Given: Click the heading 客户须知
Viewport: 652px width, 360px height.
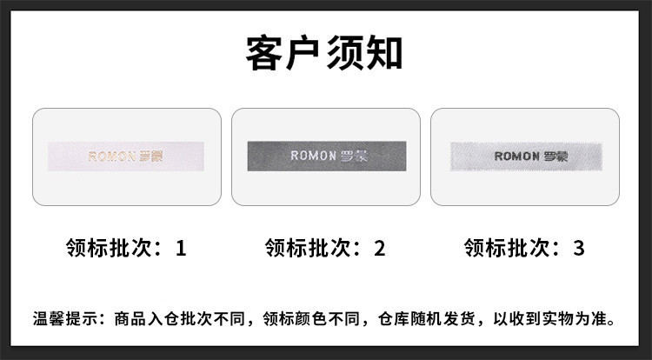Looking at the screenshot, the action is point(324,53).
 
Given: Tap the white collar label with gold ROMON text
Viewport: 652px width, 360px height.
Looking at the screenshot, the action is point(127,157).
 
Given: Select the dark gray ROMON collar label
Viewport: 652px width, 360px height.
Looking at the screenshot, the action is point(325,157).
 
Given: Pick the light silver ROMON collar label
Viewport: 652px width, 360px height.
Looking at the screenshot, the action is point(525,157).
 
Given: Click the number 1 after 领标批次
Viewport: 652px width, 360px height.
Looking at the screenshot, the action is point(181,249).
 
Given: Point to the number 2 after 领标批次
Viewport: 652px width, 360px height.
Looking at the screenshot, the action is point(379,249).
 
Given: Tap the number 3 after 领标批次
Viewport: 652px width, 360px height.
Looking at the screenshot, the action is point(578,249).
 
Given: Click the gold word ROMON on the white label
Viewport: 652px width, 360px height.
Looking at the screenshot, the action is point(112,157).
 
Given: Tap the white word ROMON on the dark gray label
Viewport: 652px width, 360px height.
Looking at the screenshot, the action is point(312,157).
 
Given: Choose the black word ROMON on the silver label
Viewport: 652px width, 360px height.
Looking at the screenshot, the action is point(517,157).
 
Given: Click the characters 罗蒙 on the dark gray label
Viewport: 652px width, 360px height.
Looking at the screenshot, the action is point(354,157).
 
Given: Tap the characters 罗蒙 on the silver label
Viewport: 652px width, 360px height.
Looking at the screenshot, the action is point(555,157).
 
